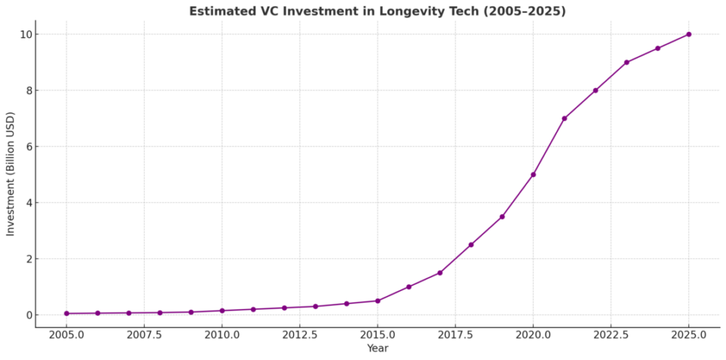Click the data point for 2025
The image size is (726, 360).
tap(688, 34)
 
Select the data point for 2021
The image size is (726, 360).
tap(564, 118)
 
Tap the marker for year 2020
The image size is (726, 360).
tap(533, 174)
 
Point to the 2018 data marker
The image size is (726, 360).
tap(471, 244)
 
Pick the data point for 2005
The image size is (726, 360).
tap(67, 313)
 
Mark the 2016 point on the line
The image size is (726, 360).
tap(408, 287)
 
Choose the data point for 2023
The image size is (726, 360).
tap(627, 62)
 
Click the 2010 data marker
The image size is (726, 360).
tap(222, 310)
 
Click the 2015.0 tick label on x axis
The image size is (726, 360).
tap(377, 334)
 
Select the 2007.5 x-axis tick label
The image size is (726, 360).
tap(144, 334)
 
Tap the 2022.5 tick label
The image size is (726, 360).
tap(610, 334)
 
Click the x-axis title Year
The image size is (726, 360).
tap(377, 348)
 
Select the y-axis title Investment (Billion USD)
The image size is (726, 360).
tap(11, 174)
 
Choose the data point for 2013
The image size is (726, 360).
tap(315, 306)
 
